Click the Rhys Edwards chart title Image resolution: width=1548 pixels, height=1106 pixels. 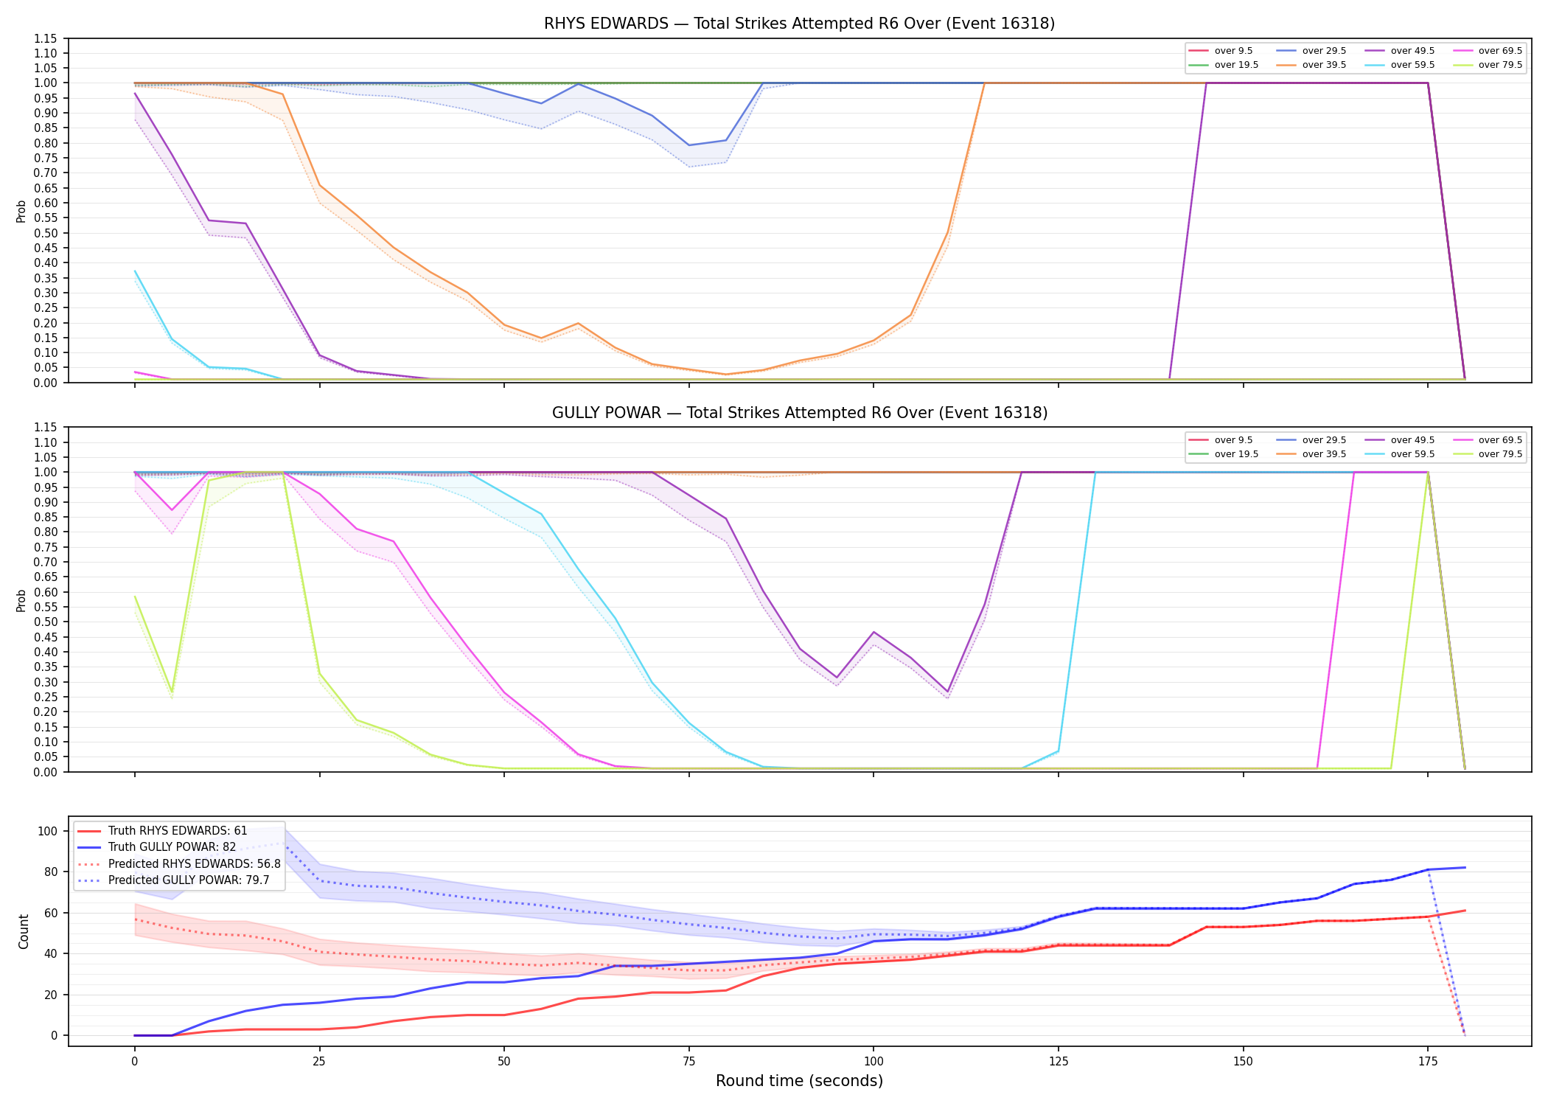799,24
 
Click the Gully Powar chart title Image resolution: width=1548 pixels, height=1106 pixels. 800,413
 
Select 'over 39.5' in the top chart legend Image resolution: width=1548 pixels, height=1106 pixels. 1324,65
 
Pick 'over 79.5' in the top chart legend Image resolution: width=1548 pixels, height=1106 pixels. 1500,65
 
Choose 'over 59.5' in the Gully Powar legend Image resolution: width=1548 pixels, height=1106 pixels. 1412,454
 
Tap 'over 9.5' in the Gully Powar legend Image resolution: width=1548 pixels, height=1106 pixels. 1233,440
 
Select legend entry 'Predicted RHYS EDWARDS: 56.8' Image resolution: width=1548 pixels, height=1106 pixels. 195,863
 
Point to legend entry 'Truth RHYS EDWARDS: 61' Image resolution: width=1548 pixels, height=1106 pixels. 178,831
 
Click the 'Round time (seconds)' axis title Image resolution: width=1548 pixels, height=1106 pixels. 799,1081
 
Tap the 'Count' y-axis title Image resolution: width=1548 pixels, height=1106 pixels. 24,931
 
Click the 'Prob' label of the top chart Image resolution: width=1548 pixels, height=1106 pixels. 21,211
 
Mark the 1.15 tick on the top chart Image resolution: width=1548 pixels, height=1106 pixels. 46,38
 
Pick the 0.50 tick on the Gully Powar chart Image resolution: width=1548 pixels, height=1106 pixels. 46,622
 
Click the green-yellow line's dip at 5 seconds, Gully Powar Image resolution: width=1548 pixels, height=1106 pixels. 172,692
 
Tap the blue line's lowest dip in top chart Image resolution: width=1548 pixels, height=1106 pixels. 689,145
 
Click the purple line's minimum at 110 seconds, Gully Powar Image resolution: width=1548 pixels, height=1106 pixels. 948,692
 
